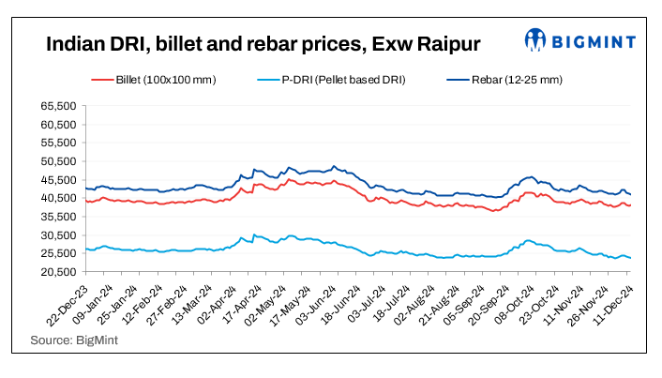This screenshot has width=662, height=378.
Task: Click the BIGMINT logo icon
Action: pyautogui.click(x=536, y=40)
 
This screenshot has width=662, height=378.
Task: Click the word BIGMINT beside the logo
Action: pyautogui.click(x=593, y=41)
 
